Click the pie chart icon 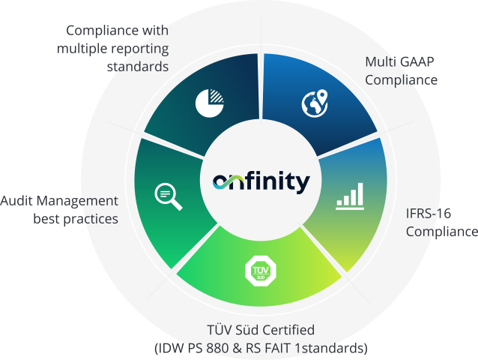pyautogui.click(x=210, y=103)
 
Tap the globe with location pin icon pyautogui.click(x=315, y=103)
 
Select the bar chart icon pyautogui.click(x=350, y=196)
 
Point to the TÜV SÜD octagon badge pyautogui.click(x=261, y=271)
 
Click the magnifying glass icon pyautogui.click(x=169, y=196)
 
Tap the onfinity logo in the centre pyautogui.click(x=261, y=182)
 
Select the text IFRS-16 pyautogui.click(x=429, y=214)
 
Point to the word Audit pyautogui.click(x=16, y=201)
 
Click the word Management pyautogui.click(x=77, y=201)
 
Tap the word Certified pyautogui.click(x=288, y=330)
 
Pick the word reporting pyautogui.click(x=139, y=49)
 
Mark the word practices pyautogui.click(x=91, y=219)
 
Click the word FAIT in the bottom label pyautogui.click(x=278, y=348)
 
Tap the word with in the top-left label pyautogui.click(x=156, y=31)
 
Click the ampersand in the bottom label pyautogui.click(x=238, y=348)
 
